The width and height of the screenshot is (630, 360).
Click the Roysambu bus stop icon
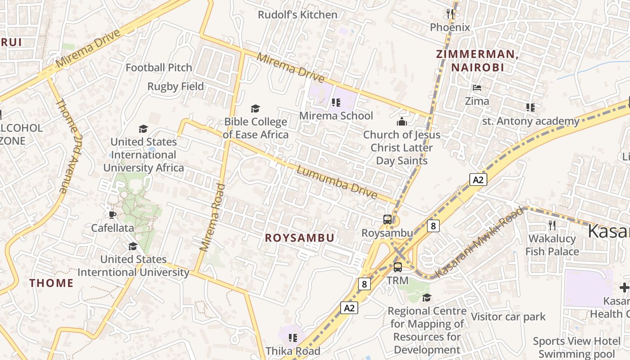point(387,220)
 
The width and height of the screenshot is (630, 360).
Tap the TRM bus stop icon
point(398,267)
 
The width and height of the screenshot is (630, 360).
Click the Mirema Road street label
point(213,217)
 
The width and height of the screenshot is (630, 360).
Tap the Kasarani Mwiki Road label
point(480,243)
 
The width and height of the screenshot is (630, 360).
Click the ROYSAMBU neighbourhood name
point(299,238)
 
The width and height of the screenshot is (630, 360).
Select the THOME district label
point(51,283)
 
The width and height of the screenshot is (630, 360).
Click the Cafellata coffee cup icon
point(112,215)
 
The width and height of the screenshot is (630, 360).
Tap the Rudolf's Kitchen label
point(297,15)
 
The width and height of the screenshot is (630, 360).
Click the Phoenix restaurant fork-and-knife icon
point(450,13)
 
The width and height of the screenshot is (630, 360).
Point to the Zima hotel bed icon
point(477,87)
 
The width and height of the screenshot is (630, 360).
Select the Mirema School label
point(336,116)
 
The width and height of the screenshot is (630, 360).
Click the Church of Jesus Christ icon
point(401,121)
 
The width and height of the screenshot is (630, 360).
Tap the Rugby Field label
point(175,86)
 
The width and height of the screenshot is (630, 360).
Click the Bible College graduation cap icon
point(255,108)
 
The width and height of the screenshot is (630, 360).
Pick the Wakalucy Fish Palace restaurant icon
point(552,225)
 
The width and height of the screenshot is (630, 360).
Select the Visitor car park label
point(508,317)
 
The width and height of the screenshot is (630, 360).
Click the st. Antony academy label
point(531,121)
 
